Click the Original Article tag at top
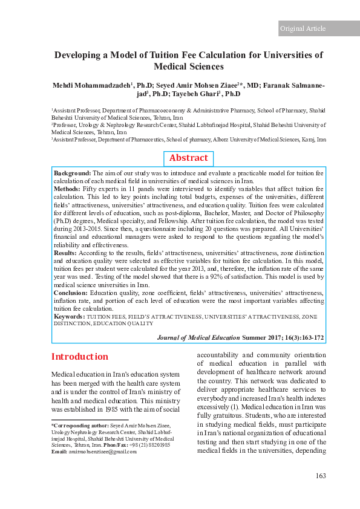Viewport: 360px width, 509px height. [x=303, y=28]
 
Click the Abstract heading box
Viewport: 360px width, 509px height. [x=188, y=158]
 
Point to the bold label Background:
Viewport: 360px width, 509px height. [x=72, y=173]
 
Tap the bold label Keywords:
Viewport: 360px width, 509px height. [x=69, y=316]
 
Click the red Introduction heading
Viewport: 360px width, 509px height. [x=79, y=356]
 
